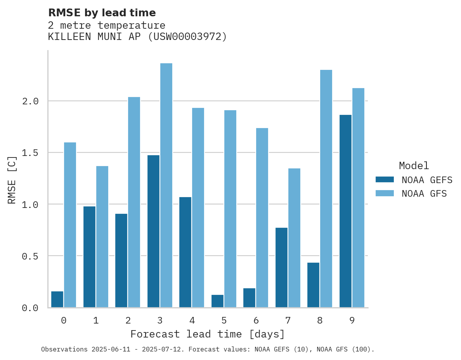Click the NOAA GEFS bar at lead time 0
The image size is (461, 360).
(x=57, y=299)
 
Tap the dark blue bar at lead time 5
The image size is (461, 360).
(x=217, y=301)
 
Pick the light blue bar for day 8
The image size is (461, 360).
(x=326, y=189)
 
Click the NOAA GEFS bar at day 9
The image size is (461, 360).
(x=345, y=211)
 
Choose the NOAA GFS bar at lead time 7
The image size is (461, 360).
(x=294, y=238)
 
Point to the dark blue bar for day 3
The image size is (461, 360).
(x=153, y=231)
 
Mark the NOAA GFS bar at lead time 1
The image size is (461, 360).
(x=102, y=237)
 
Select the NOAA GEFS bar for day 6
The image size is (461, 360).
(x=249, y=298)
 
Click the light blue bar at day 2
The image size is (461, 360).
(x=134, y=202)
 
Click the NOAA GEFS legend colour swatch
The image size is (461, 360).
(x=385, y=180)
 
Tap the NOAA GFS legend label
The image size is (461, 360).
(x=424, y=194)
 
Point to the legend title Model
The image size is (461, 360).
(x=414, y=166)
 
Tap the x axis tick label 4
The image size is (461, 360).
(x=192, y=320)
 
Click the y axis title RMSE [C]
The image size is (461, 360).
(x=12, y=179)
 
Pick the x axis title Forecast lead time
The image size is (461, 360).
(x=208, y=334)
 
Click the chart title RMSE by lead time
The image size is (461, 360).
(x=102, y=13)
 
